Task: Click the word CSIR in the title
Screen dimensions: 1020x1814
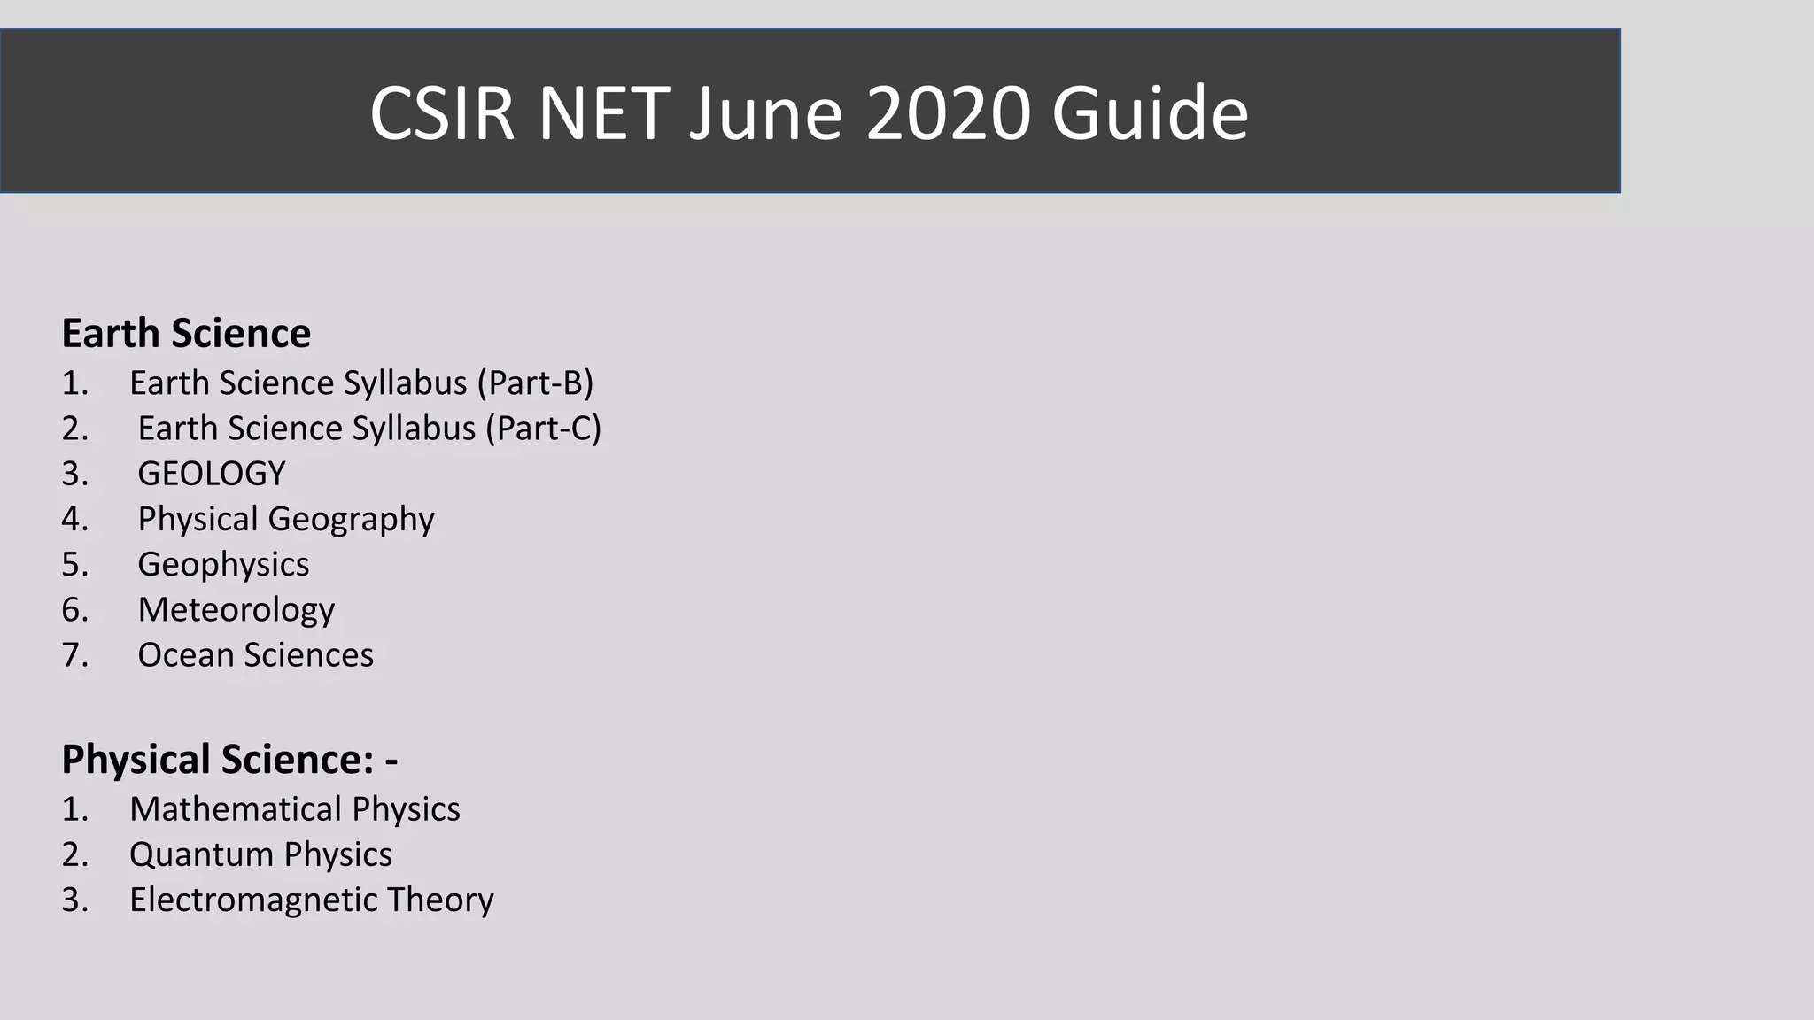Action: point(441,112)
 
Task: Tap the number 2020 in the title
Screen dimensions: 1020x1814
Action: point(948,112)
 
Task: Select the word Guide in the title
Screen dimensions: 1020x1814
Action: point(1150,112)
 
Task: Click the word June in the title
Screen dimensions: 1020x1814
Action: point(765,112)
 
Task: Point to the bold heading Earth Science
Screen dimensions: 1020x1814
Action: point(186,334)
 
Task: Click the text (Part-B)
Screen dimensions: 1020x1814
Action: point(535,382)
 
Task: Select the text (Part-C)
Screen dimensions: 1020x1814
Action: point(543,429)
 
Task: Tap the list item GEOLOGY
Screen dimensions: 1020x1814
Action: point(212,474)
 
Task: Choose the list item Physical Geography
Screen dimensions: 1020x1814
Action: point(286,519)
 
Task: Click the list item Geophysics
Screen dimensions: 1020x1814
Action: point(223,565)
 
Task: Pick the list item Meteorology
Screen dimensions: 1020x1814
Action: point(236,610)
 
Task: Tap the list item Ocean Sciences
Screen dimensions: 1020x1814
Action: point(255,655)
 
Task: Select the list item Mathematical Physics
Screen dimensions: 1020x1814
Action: point(294,809)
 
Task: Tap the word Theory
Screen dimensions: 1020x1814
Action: point(440,900)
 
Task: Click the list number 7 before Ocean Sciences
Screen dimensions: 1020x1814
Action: point(74,655)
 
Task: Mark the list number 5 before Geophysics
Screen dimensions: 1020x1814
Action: point(74,565)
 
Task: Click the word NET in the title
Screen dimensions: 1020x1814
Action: point(603,112)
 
